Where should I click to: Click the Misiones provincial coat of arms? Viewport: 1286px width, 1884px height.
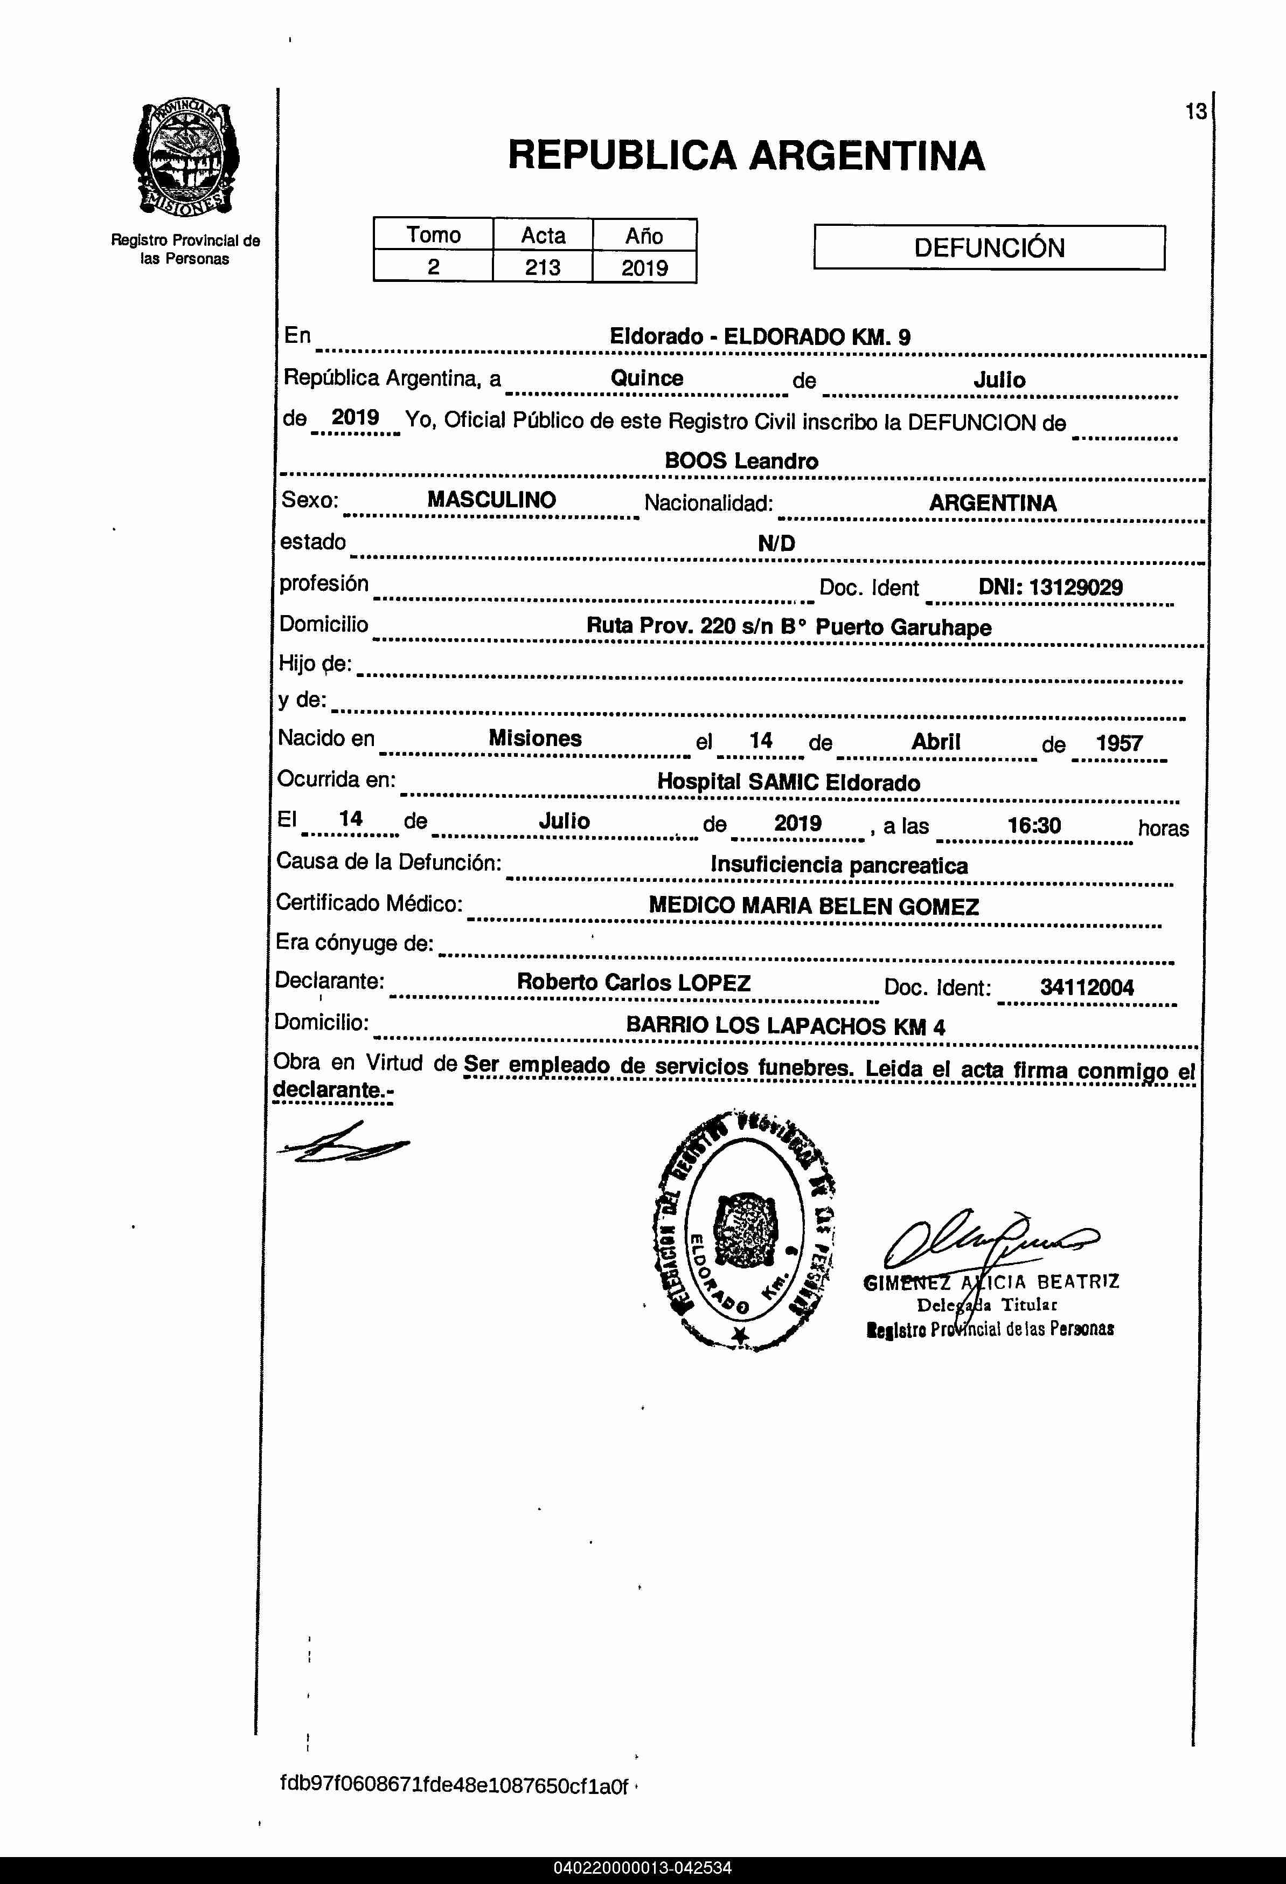pyautogui.click(x=185, y=159)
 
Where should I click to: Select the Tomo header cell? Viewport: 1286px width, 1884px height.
pyautogui.click(x=434, y=234)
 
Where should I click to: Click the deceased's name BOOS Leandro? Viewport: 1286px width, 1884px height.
pyautogui.click(x=741, y=461)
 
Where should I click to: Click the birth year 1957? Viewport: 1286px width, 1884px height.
pyautogui.click(x=1119, y=743)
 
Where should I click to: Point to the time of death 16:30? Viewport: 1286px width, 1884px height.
pyautogui.click(x=1034, y=825)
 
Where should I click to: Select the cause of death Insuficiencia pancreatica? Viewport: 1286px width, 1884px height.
pyautogui.click(x=839, y=865)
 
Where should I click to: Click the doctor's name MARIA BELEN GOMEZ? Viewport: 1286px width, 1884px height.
pyautogui.click(x=859, y=906)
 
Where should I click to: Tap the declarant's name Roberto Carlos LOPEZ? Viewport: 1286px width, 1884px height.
pyautogui.click(x=634, y=983)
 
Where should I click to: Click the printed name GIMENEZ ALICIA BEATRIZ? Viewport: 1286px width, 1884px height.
pyautogui.click(x=991, y=1282)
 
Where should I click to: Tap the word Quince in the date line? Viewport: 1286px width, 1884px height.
pyautogui.click(x=647, y=378)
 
